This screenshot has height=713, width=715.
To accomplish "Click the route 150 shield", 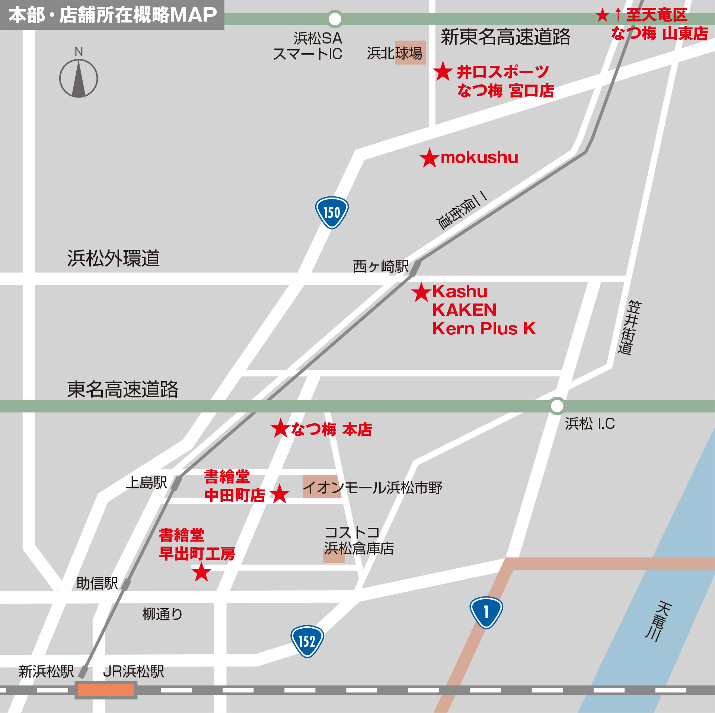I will click(332, 212).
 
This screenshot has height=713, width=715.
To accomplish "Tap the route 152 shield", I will click(307, 641).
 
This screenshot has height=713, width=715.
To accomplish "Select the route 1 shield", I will click(486, 612).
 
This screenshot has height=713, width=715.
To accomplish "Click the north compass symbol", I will click(79, 78).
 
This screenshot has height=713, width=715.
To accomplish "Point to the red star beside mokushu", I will click(430, 158).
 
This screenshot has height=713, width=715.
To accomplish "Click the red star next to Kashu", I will click(421, 292).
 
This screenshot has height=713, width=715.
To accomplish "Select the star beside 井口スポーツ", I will click(443, 71).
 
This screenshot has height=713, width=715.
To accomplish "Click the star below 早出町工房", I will click(201, 572).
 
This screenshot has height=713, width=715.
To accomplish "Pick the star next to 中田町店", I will click(280, 494).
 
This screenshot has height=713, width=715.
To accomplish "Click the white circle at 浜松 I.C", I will click(557, 406).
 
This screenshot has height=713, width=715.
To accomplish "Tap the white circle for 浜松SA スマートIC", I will click(335, 19).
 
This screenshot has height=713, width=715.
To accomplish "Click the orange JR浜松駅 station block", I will click(106, 690).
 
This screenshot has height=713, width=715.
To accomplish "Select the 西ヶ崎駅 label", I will click(380, 266).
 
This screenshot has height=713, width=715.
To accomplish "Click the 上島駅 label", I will click(146, 482).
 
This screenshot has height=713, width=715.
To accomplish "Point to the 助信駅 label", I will click(97, 583).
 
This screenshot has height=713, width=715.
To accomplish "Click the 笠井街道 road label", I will click(629, 327).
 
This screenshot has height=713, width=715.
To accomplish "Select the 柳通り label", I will click(162, 614).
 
